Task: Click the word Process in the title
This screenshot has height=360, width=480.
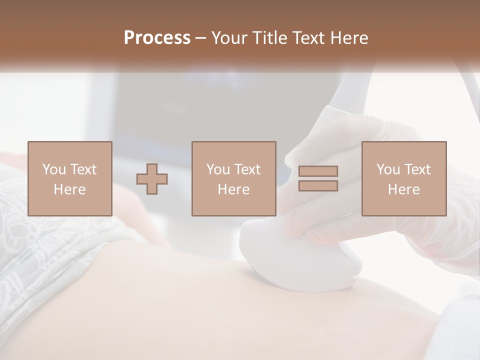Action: click(x=157, y=38)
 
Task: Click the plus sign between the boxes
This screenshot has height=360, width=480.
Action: click(x=152, y=179)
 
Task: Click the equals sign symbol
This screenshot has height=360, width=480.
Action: click(x=318, y=178)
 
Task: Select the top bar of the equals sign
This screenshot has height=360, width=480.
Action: click(x=318, y=171)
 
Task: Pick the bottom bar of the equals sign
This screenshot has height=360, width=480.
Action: click(x=318, y=185)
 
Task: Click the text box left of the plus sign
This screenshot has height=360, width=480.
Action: click(x=70, y=179)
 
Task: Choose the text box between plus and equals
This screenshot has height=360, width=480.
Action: click(x=234, y=179)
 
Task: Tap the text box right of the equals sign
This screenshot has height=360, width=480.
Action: click(x=404, y=179)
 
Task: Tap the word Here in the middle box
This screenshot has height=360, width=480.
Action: click(x=234, y=189)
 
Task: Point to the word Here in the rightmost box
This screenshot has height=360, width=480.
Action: click(x=404, y=189)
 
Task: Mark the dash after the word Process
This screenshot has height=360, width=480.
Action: click(x=200, y=38)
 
